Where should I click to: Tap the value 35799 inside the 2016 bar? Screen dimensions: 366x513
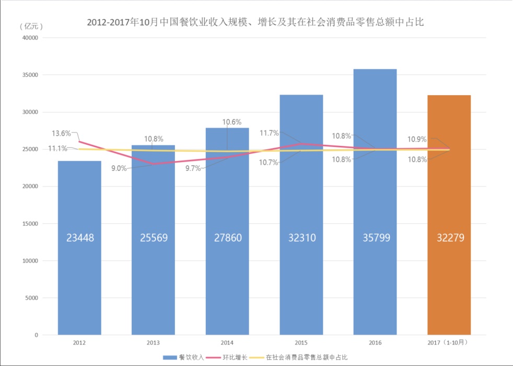pyautogui.click(x=375, y=238)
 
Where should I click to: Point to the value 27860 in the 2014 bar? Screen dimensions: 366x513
pyautogui.click(x=227, y=238)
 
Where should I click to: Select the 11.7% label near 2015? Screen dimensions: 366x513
pyautogui.click(x=270, y=133)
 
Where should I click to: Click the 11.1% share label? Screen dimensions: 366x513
pyautogui.click(x=57, y=148)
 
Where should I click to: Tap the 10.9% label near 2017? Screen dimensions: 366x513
pyautogui.click(x=417, y=140)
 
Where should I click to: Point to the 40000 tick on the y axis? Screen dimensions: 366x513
pyautogui.click(x=30, y=38)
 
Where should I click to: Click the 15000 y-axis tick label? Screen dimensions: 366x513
pyautogui.click(x=30, y=224)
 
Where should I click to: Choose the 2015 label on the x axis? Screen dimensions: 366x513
pyautogui.click(x=301, y=343)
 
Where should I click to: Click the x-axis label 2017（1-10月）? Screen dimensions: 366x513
pyautogui.click(x=449, y=343)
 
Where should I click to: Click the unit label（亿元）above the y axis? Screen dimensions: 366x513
pyautogui.click(x=31, y=26)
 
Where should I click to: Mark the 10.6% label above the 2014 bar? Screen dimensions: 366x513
pyautogui.click(x=232, y=122)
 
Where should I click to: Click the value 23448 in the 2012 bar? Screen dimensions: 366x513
pyautogui.click(x=80, y=238)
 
